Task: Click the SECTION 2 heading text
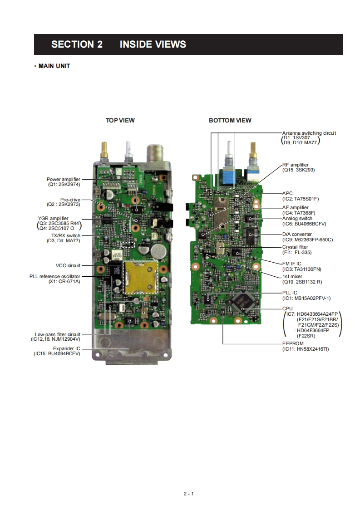(x=77, y=44)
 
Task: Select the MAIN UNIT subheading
(x=54, y=66)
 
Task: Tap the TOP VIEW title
(x=120, y=120)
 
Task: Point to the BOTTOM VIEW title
(x=230, y=120)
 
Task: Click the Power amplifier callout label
(x=64, y=180)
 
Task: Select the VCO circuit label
(x=68, y=265)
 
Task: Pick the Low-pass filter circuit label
(x=58, y=334)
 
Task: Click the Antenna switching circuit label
(x=309, y=133)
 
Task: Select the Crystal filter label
(x=295, y=247)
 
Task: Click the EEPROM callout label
(x=293, y=344)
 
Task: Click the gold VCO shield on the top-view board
(x=140, y=276)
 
